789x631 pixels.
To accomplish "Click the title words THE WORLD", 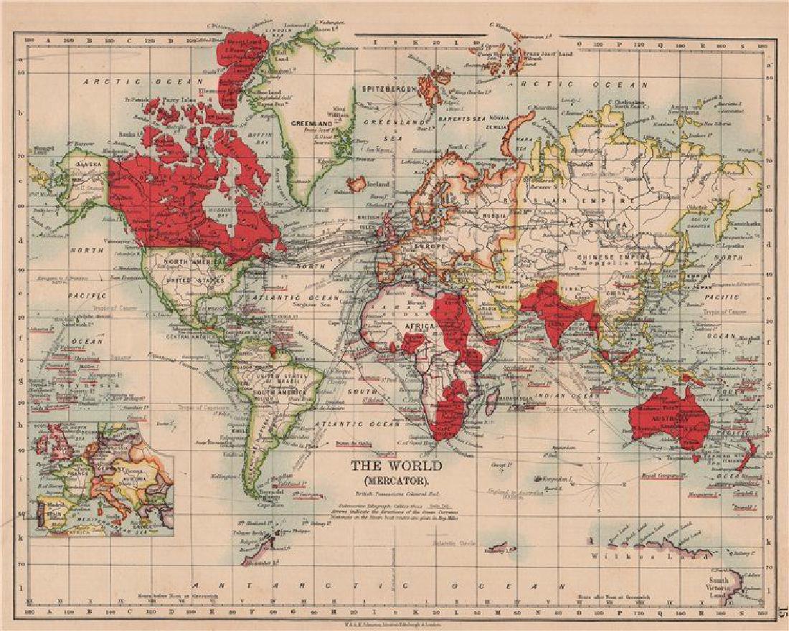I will click(397, 465).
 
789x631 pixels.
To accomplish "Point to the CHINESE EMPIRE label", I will click(620, 257).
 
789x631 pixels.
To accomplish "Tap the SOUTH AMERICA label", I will click(286, 393).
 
